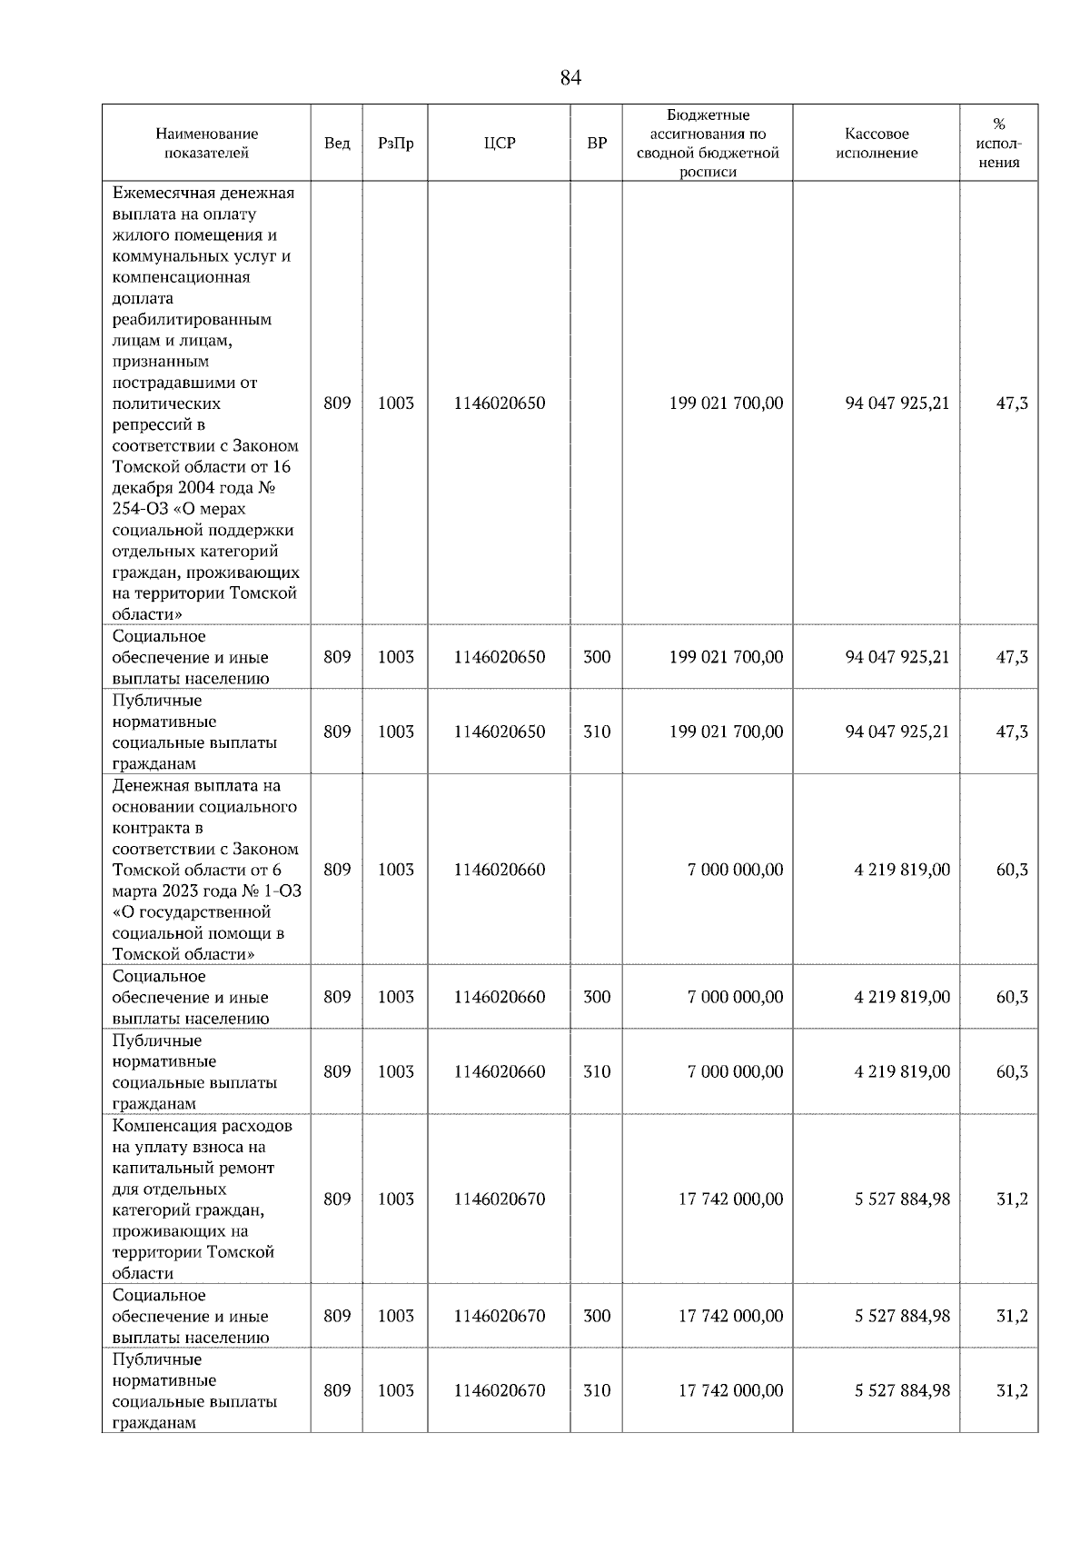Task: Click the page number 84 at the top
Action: (x=570, y=78)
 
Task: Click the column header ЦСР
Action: (x=499, y=144)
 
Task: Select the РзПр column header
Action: (x=395, y=144)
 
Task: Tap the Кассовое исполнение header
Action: (x=876, y=144)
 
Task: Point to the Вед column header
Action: (x=337, y=144)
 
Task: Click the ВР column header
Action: (x=596, y=144)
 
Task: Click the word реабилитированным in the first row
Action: (x=192, y=320)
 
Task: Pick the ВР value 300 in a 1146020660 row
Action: (x=596, y=997)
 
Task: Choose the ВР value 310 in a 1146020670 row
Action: (x=596, y=1390)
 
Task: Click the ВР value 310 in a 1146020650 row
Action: (x=596, y=732)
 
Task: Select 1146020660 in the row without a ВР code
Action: (x=499, y=870)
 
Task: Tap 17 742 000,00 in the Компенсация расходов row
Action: (x=730, y=1200)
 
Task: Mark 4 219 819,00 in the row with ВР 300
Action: (x=901, y=997)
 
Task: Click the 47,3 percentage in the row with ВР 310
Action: (x=1011, y=732)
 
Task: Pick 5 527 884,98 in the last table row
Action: (x=901, y=1390)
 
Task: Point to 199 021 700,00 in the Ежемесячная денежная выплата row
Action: (x=725, y=403)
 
